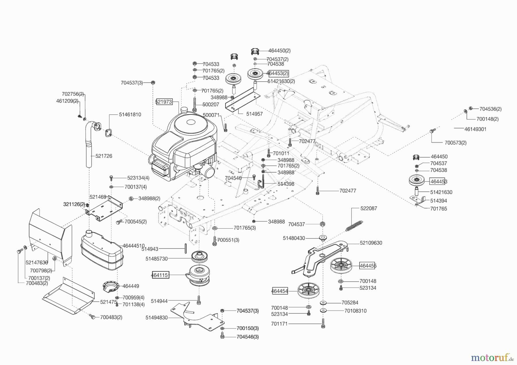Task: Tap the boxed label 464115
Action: click(160, 275)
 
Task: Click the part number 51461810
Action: click(130, 114)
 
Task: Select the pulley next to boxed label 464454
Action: click(309, 290)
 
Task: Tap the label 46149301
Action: click(475, 129)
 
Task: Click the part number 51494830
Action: click(157, 318)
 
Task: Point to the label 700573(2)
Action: click(455, 143)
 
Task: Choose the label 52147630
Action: click(36, 262)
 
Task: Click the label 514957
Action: click(254, 114)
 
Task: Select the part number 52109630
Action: click(371, 243)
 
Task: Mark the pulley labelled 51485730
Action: click(200, 256)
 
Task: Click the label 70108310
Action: click(355, 311)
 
